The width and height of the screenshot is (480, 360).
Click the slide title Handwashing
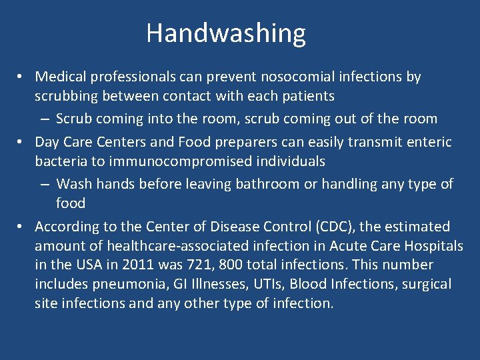point(226,33)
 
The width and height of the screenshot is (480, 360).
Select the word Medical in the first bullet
point(59,77)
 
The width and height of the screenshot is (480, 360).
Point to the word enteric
point(429,142)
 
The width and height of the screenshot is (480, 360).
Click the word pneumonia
point(127,284)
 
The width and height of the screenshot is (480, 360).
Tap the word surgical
point(426,284)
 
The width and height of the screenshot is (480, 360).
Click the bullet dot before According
point(22,227)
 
